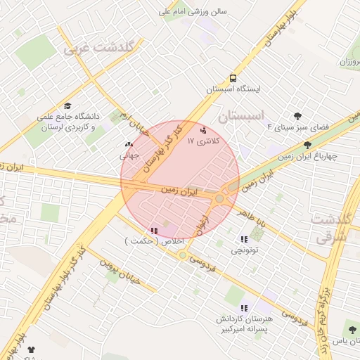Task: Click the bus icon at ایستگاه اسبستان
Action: [x=233, y=79]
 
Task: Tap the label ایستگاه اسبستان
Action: [x=233, y=90]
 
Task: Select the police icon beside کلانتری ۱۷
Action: [x=204, y=130]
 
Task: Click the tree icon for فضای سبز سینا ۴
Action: [x=298, y=116]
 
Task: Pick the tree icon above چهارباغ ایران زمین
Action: [x=307, y=145]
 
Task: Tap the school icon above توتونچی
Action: [x=244, y=239]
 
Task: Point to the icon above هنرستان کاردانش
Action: [x=244, y=308]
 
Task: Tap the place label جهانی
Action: [x=129, y=156]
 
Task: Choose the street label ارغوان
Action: [x=205, y=214]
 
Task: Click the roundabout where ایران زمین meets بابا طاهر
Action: [x=220, y=199]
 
